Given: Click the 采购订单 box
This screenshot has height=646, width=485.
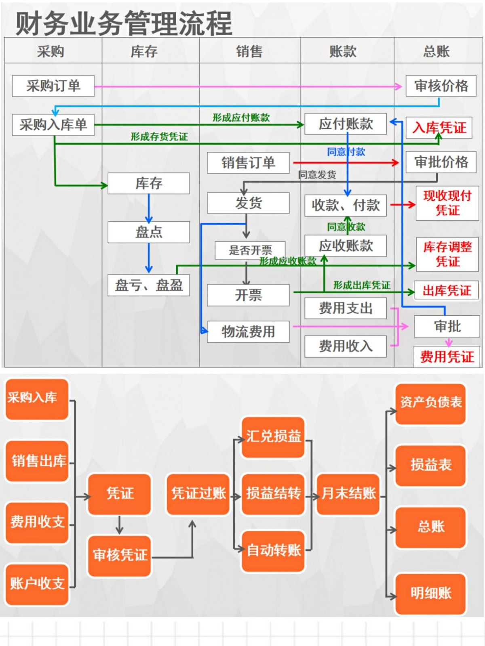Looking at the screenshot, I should [x=53, y=86].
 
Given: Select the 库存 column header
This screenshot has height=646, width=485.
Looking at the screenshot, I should [x=144, y=51].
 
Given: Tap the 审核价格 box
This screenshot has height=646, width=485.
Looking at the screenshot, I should [x=441, y=86].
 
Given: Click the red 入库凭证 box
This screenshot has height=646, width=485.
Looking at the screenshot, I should [x=439, y=128].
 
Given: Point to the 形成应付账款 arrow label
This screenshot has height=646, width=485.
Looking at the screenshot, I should [x=241, y=117].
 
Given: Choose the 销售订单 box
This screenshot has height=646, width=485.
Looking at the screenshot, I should [x=248, y=163].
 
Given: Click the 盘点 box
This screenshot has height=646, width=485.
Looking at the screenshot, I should [x=149, y=232].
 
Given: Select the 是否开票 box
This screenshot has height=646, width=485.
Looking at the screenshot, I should [x=250, y=250].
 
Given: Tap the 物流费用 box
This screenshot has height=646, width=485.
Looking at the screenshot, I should [x=248, y=331].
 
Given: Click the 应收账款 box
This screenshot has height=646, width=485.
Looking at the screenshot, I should [x=346, y=245].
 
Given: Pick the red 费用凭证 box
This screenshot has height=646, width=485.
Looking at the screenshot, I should [x=447, y=357].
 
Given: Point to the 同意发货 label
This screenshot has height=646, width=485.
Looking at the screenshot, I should [x=317, y=174].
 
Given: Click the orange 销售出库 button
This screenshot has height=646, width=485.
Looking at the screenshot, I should [x=37, y=461].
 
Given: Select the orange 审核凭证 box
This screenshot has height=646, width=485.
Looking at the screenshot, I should [x=120, y=555].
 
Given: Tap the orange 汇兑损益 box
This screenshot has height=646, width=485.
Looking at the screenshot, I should [x=273, y=436].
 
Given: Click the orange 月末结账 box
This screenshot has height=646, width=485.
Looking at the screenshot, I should [x=348, y=493].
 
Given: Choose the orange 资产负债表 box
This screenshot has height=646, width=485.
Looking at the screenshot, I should [x=431, y=403].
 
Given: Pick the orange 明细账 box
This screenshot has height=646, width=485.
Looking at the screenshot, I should [x=431, y=593].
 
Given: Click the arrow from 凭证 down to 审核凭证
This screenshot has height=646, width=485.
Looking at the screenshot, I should [x=119, y=525].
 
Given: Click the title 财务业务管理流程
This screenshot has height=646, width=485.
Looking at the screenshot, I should [x=124, y=23].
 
